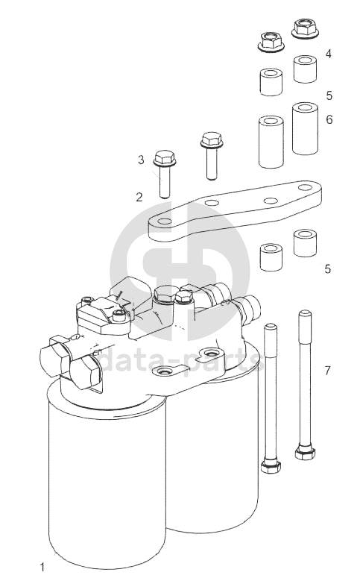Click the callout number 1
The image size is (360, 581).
click(x=42, y=567)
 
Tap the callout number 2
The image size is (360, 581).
click(x=139, y=197)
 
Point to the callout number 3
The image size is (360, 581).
click(x=141, y=160)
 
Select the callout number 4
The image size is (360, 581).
click(x=328, y=54)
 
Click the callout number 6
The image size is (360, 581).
click(x=329, y=119)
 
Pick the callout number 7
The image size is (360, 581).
click(x=327, y=370)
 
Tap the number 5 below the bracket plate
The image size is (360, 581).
click(x=327, y=268)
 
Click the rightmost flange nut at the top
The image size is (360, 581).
click(x=305, y=28)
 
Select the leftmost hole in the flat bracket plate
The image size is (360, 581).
click(x=165, y=222)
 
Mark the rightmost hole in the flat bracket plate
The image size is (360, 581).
click(x=305, y=187)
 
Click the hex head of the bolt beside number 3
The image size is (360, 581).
click(x=165, y=158)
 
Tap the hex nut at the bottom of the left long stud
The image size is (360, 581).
click(x=271, y=466)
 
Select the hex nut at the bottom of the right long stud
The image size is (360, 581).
click(x=305, y=453)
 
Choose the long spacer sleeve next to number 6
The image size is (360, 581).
click(x=305, y=128)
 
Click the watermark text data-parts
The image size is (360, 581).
click(x=181, y=360)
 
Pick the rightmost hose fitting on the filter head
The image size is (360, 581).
click(x=246, y=306)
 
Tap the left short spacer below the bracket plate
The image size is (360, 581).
click(x=271, y=257)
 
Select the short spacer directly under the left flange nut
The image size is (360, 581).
click(x=271, y=82)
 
